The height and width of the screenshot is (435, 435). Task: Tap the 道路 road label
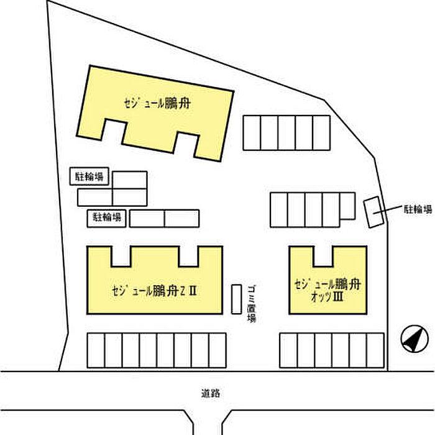coord(211,393)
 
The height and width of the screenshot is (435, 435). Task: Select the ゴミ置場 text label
coord(251,303)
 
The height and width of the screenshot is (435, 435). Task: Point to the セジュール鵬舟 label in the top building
coord(156,104)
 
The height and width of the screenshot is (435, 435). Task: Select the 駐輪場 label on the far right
coord(417,209)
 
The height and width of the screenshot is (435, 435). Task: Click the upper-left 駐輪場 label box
coord(89,177)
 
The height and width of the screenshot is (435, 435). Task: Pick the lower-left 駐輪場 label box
coord(108,217)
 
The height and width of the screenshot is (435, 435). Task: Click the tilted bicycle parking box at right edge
coord(373,212)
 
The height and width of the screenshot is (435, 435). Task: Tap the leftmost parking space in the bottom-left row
coord(96,351)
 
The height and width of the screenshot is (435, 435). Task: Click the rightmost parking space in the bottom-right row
coord(375,350)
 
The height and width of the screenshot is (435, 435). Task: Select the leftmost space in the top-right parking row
coord(251,132)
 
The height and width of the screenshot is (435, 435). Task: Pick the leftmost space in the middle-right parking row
coord(279,210)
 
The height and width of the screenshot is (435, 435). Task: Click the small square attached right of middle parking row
coord(347,206)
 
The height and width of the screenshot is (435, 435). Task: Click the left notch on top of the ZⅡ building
coord(121,255)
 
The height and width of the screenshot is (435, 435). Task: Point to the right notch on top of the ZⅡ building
coord(189,255)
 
